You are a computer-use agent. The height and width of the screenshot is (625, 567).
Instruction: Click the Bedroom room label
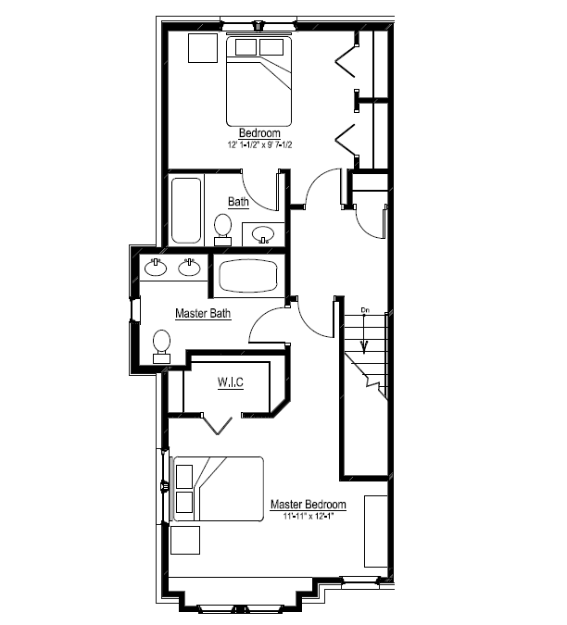pos(259,133)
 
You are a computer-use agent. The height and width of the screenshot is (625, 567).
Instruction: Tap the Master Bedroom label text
pos(309,505)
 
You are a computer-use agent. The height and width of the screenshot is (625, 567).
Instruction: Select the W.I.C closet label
pos(231,382)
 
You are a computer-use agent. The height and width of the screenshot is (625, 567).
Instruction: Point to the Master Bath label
pos(203,314)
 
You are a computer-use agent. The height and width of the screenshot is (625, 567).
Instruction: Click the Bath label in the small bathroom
pos(238,201)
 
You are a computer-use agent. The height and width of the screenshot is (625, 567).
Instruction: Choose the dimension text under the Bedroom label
pos(259,145)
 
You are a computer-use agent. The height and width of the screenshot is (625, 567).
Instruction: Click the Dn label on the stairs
pos(365,309)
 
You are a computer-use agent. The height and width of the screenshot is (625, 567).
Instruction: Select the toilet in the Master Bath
pos(162,344)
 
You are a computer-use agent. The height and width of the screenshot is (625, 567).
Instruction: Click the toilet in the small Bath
pos(222,227)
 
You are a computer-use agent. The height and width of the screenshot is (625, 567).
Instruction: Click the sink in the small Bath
pos(263,234)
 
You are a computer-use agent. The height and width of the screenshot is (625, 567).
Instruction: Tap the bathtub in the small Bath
pos(183,209)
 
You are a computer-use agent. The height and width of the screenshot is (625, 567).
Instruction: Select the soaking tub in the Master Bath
pos(247,275)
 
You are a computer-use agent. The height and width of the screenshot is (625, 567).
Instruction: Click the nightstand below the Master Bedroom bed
pos(184,539)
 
